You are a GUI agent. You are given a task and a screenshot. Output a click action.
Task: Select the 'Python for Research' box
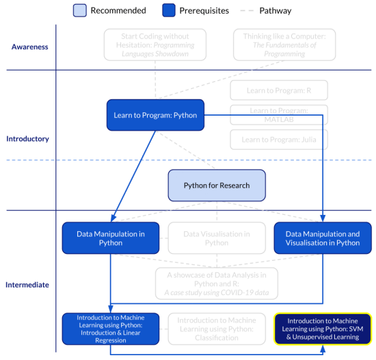(217, 185)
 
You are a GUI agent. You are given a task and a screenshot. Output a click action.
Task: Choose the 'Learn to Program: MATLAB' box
(278, 114)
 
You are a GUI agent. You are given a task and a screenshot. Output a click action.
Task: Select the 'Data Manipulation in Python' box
(110, 237)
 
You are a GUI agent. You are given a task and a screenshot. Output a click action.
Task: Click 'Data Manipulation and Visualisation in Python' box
(321, 237)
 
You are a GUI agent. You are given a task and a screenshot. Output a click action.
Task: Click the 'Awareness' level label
(29, 47)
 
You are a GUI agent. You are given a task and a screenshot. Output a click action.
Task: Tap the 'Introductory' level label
(27, 139)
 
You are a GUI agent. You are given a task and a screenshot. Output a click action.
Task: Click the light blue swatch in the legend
(80, 10)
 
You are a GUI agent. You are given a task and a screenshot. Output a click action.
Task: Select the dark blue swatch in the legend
(169, 10)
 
